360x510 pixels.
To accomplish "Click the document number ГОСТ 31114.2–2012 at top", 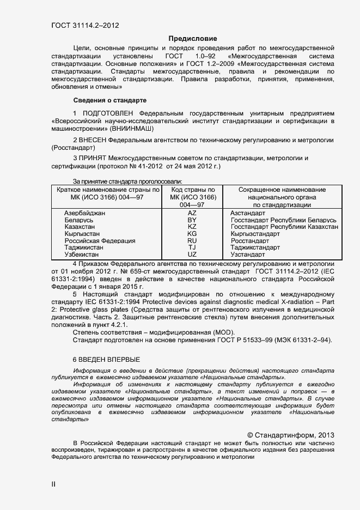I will (x=86, y=25).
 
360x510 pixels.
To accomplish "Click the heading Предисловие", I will (x=193, y=39).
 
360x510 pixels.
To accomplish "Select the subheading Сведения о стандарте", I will (x=109, y=100).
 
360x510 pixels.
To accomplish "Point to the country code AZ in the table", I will (x=192, y=212).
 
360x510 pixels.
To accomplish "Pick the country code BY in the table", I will (x=192, y=220).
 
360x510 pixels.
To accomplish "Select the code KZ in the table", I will (x=192, y=227).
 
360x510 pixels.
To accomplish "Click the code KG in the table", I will (x=192, y=234).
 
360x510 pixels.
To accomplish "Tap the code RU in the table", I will (x=192, y=241).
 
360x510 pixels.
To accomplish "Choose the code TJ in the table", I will (x=192, y=247).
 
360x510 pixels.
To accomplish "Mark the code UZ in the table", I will (x=192, y=254).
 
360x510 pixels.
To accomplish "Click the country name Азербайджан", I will (x=85, y=212).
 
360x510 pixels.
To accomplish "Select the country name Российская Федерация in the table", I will (x=100, y=241).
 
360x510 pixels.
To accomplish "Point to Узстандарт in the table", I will (x=248, y=254).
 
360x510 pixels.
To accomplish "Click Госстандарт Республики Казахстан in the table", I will (x=284, y=227).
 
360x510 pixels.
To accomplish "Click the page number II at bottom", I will (x=53, y=484).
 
